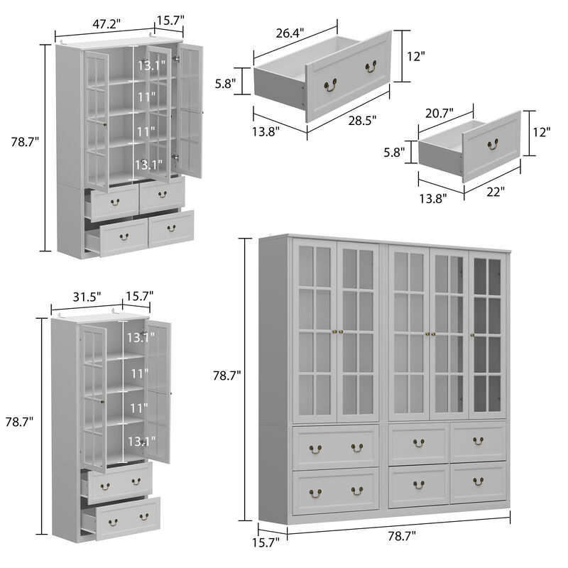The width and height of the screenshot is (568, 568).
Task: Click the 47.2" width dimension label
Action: pyautogui.click(x=106, y=24)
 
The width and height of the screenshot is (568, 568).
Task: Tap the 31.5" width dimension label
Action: pyautogui.click(x=87, y=297)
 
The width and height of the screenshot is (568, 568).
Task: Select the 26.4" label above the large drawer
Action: pyautogui.click(x=290, y=33)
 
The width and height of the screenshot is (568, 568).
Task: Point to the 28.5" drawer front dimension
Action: pyautogui.click(x=362, y=120)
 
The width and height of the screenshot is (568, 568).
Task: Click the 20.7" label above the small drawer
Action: pyautogui.click(x=439, y=114)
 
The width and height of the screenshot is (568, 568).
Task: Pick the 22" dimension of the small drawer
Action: pyautogui.click(x=496, y=191)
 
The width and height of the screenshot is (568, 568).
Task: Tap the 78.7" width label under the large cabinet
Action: pyautogui.click(x=402, y=536)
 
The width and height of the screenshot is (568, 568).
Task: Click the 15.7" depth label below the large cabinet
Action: pyautogui.click(x=266, y=542)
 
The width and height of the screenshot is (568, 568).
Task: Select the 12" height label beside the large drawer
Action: pyautogui.click(x=415, y=57)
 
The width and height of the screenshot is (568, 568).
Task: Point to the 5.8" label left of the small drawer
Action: pyautogui.click(x=394, y=153)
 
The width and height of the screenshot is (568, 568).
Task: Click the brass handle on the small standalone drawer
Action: pyautogui.click(x=493, y=145)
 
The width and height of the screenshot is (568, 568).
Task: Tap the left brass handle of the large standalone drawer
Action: pyautogui.click(x=330, y=85)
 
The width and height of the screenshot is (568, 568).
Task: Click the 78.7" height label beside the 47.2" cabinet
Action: pyautogui.click(x=25, y=142)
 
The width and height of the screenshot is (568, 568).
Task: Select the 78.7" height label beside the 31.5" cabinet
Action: pyautogui.click(x=19, y=422)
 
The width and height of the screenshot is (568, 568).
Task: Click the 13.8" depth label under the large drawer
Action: pyautogui.click(x=266, y=132)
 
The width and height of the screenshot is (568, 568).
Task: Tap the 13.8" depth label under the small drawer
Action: pyautogui.click(x=433, y=199)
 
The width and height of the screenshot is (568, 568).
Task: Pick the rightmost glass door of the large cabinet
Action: pyautogui.click(x=488, y=335)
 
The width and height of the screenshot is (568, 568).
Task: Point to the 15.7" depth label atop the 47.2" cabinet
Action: pyautogui.click(x=170, y=21)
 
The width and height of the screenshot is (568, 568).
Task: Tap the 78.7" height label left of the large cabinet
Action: pyautogui.click(x=226, y=376)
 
